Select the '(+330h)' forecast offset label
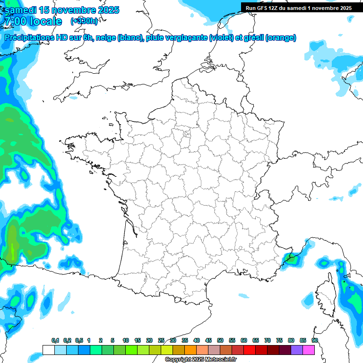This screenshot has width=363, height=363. click(x=84, y=21)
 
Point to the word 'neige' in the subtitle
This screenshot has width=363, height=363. click(x=106, y=38)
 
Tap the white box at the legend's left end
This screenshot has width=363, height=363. click(x=48, y=350)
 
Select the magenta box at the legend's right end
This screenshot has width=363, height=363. click(x=309, y=350)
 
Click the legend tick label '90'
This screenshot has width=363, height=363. click(x=315, y=340)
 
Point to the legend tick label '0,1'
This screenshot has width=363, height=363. click(x=55, y=340)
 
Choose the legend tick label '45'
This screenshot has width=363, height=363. click(x=208, y=340)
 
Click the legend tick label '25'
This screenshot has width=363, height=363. click(x=161, y=340)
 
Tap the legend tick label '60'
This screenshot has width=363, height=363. click(x=244, y=340)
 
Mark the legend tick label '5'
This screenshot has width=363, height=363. click(x=112, y=340)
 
